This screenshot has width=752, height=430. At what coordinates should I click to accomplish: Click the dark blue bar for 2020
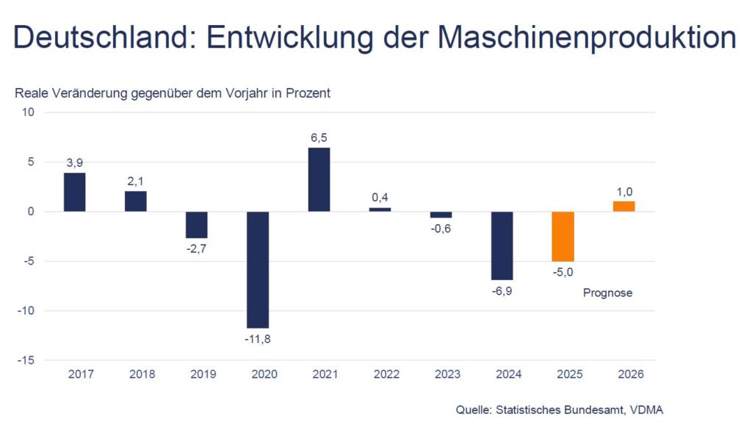tap(258, 269)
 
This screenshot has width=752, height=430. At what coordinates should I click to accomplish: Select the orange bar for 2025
tap(563, 236)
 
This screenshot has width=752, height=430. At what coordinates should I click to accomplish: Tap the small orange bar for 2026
tap(624, 207)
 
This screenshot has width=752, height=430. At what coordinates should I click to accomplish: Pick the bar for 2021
tap(319, 179)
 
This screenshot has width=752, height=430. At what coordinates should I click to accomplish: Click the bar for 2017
tap(75, 192)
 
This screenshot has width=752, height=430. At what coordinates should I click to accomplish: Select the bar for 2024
tap(502, 246)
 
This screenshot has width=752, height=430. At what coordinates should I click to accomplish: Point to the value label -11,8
tap(258, 339)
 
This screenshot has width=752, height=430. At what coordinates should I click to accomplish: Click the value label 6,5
tap(319, 137)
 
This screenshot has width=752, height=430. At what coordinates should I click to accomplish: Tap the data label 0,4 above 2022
tap(380, 197)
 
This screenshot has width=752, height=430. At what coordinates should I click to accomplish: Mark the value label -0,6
tap(441, 229)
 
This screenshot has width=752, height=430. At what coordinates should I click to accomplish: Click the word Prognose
tap(607, 293)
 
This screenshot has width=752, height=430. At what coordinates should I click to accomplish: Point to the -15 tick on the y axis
tap(27, 360)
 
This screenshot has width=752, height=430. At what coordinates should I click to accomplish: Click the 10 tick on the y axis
tap(29, 112)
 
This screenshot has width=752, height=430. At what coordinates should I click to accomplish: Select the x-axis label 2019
tap(203, 374)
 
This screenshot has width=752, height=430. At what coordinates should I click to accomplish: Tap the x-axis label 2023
tap(447, 374)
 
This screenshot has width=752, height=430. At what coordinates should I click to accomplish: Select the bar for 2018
tap(136, 201)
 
